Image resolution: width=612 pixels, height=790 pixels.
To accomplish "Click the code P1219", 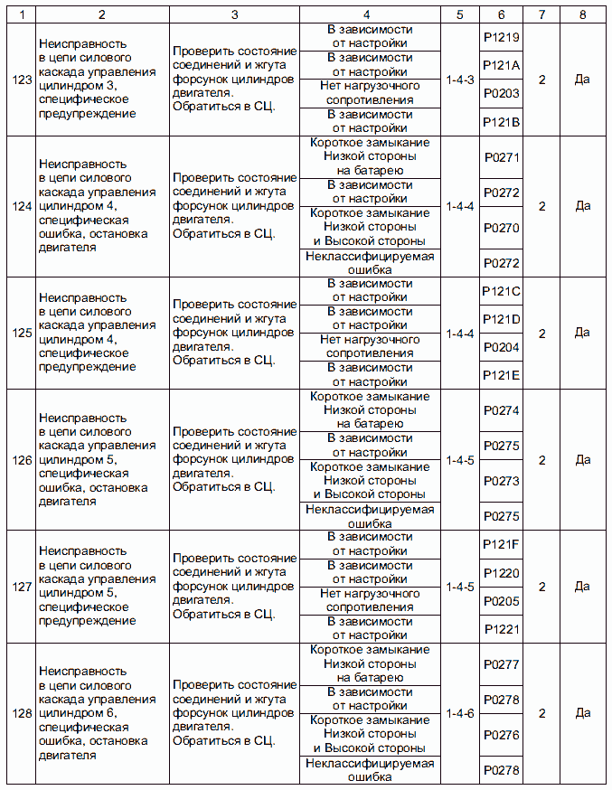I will point(502,36).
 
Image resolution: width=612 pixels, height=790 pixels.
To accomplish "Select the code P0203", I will point(502,93).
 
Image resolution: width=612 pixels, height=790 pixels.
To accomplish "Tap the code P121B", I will point(502,121).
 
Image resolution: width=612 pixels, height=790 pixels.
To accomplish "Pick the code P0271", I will point(502,157).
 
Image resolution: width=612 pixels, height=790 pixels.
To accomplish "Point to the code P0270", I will point(502,228).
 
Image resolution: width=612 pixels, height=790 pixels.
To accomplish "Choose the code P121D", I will point(502,319).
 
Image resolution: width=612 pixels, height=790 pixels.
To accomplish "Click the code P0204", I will point(502,347).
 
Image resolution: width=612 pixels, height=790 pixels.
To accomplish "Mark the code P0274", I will point(502,410).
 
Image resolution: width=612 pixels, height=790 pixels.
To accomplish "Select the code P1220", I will point(502,573).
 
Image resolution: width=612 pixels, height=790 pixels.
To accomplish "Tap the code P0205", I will point(502,601).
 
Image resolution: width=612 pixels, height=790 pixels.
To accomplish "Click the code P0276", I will point(502,736).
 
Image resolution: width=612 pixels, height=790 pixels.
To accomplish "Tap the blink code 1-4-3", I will point(460,80).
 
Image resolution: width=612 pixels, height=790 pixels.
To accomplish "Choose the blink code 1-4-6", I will point(460,714).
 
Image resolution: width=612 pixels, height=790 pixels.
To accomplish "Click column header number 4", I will point(370,14).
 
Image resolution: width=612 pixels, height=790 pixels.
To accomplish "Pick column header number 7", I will point(541,14).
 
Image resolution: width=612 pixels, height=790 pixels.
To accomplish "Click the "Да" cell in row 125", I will point(583,334).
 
